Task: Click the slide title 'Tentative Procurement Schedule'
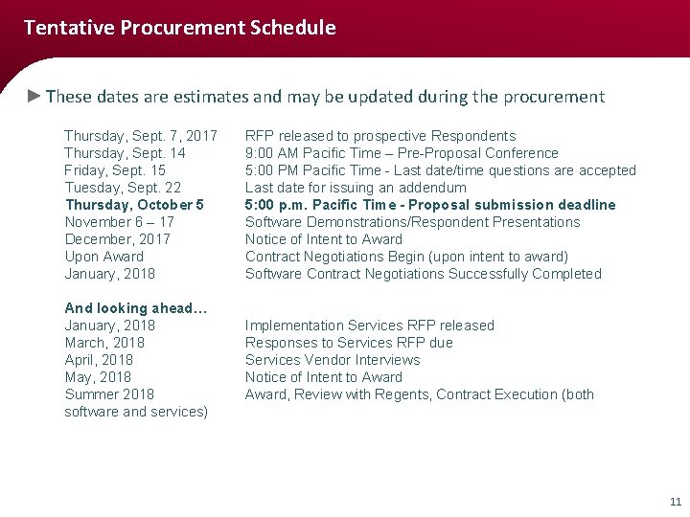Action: [x=179, y=28]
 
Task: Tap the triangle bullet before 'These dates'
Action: [x=34, y=96]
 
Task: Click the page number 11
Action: [x=675, y=502]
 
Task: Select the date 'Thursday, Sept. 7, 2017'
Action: [x=141, y=136]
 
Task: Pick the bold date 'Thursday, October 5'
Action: [x=134, y=205]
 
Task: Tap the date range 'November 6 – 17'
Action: [x=119, y=222]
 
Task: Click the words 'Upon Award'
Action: [x=103, y=257]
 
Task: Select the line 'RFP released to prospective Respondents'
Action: [x=380, y=136]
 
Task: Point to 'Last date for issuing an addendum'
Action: [x=356, y=188]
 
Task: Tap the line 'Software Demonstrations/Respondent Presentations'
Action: [x=412, y=222]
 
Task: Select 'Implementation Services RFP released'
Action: [x=370, y=326]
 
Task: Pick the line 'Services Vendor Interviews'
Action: [x=333, y=360]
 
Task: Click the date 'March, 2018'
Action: [x=104, y=343]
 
